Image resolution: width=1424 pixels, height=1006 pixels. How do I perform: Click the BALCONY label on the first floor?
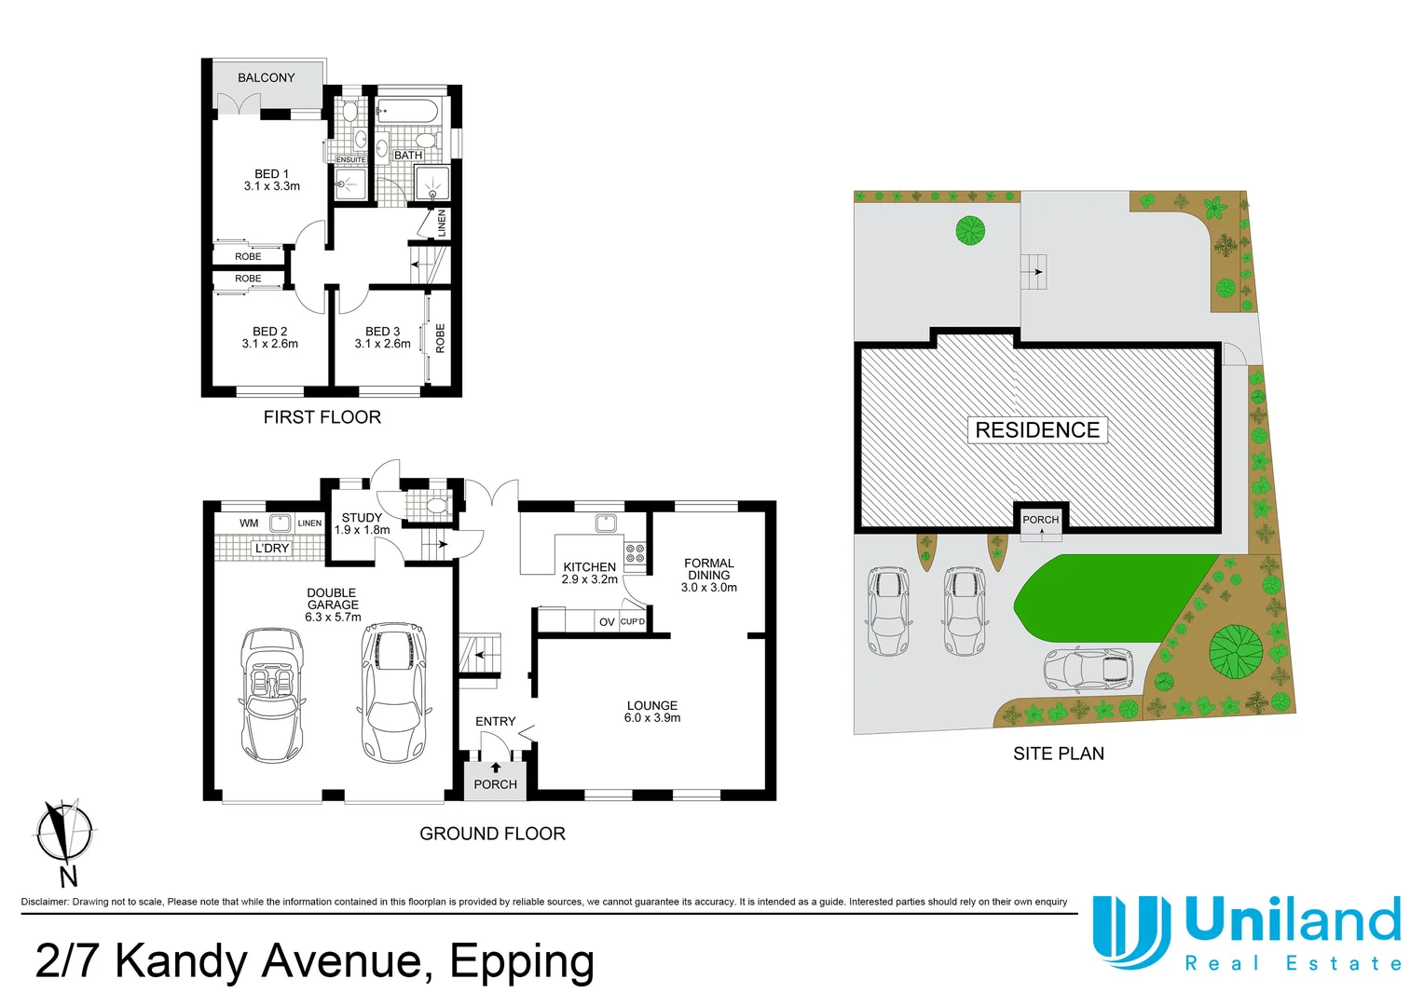pyautogui.click(x=266, y=78)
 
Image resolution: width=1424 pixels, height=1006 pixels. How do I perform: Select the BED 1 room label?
pyautogui.click(x=271, y=174)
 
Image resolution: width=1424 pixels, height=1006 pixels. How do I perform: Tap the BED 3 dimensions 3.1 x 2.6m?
pyautogui.click(x=382, y=344)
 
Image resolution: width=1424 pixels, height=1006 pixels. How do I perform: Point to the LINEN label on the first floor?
pyautogui.click(x=442, y=223)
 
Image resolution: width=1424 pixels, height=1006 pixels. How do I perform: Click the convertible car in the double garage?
pyautogui.click(x=271, y=693)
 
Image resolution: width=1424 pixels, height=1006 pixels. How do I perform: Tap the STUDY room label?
pyautogui.click(x=362, y=518)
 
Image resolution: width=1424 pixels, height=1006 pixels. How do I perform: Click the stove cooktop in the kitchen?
pyautogui.click(x=635, y=555)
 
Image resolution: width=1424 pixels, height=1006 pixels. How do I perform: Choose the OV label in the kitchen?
pyautogui.click(x=607, y=622)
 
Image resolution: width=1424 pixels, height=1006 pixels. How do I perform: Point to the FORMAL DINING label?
pyautogui.click(x=708, y=569)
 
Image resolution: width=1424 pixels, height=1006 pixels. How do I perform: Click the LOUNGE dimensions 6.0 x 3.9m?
pyautogui.click(x=652, y=718)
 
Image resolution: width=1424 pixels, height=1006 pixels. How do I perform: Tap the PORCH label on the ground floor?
pyautogui.click(x=495, y=784)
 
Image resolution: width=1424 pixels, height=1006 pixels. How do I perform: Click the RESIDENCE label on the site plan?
pyautogui.click(x=1037, y=430)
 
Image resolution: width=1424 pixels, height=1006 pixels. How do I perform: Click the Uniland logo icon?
pyautogui.click(x=1130, y=931)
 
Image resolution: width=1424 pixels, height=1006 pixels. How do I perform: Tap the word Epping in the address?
pyautogui.click(x=522, y=961)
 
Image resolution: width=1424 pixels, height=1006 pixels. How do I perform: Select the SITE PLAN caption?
pyautogui.click(x=1058, y=754)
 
